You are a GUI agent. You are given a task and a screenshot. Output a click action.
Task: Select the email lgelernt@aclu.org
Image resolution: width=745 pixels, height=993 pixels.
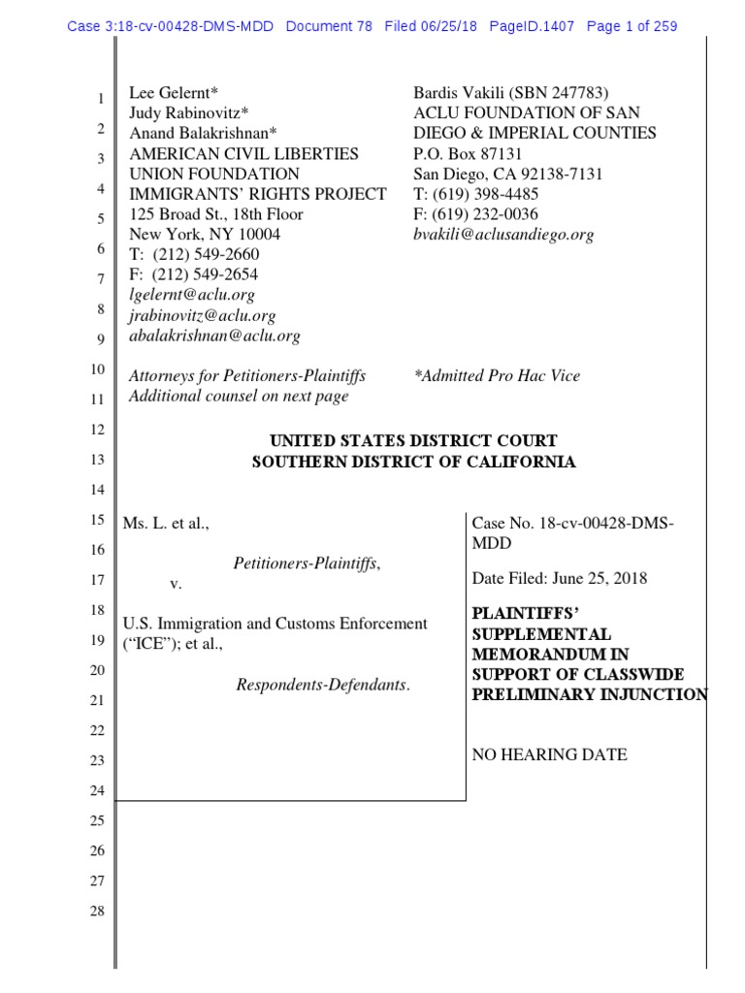192,295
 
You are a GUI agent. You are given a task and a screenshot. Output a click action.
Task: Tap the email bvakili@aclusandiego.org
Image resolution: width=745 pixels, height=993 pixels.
503,235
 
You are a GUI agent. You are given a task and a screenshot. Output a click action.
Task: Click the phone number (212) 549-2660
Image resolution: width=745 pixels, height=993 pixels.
206,255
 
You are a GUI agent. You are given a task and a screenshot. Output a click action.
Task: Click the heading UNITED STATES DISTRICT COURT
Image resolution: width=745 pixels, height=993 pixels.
413,441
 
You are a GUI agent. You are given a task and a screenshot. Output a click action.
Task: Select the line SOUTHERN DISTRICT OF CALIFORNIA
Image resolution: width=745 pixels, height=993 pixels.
413,462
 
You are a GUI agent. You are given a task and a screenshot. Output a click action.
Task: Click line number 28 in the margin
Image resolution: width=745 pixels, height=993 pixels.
97,913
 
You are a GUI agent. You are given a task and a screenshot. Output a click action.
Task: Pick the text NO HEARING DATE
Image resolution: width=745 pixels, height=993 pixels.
549,754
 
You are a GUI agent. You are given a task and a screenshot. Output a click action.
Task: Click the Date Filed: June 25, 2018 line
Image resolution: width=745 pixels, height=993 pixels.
559,579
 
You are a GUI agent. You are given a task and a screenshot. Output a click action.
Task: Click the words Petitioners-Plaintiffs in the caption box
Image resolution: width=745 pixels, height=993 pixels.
307,562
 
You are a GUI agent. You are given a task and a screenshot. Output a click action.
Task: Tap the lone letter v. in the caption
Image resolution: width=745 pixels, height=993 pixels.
176,583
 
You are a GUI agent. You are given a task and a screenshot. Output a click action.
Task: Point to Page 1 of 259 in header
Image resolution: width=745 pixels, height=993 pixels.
632,26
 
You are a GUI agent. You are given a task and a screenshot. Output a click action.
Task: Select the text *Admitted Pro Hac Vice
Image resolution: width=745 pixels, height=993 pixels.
497,375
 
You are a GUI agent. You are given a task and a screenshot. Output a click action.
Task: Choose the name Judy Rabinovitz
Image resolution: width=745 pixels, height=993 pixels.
190,113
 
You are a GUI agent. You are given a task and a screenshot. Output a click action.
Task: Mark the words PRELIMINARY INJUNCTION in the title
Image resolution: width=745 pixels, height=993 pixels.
589,693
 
